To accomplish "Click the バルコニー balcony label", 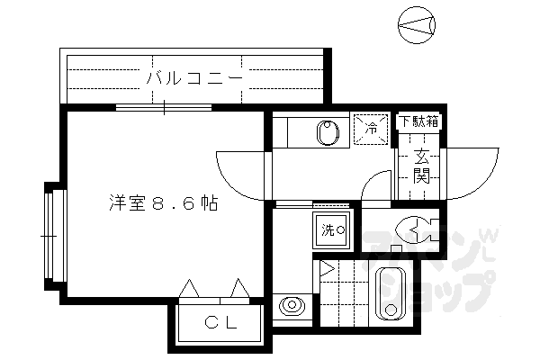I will (x=193, y=78).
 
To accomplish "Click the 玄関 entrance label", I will (x=420, y=164).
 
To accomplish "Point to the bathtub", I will (x=391, y=294).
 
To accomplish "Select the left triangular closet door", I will (x=191, y=287).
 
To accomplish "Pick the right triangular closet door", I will (x=238, y=287).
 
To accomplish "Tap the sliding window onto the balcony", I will (x=165, y=107).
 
